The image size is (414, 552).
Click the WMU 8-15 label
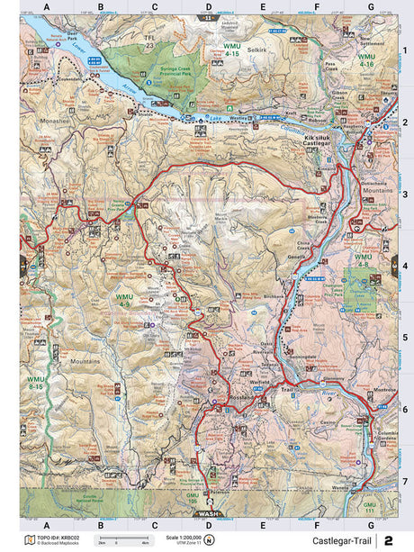35,382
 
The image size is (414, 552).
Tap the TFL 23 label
148,41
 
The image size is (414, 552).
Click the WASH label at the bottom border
208,514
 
